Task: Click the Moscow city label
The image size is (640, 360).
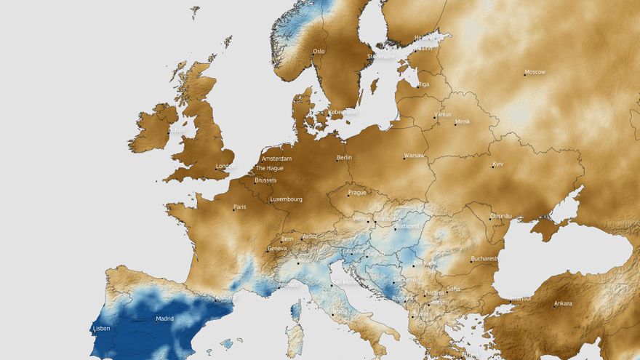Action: click(x=535, y=72)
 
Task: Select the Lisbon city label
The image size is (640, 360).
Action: click(x=101, y=328)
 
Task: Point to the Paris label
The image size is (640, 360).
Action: click(x=240, y=207)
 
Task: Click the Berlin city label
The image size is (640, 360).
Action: click(x=344, y=157)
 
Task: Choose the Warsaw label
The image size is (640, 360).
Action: click(x=415, y=156)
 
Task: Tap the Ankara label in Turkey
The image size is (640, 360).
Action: click(x=563, y=303)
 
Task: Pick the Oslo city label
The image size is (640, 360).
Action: click(x=319, y=52)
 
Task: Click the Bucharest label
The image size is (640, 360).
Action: click(x=484, y=258)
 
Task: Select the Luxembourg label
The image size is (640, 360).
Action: click(x=286, y=199)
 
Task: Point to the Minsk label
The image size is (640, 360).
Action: click(x=463, y=121)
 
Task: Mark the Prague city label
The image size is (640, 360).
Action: click(x=357, y=193)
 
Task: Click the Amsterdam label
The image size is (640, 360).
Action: click(x=276, y=159)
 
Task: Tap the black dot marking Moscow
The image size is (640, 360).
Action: click(x=524, y=73)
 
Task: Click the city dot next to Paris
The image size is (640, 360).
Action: click(x=233, y=209)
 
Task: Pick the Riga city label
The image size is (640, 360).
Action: click(x=423, y=84)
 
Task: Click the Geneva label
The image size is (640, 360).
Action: click(x=277, y=248)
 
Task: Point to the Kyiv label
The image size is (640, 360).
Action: click(x=497, y=164)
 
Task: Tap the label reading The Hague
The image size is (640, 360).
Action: click(x=269, y=168)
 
